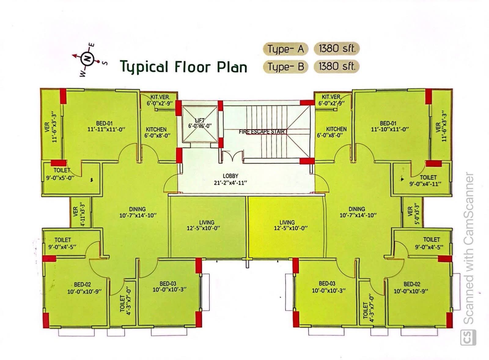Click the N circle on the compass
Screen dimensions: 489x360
(x=87, y=58)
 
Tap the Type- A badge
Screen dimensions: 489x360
(x=285, y=49)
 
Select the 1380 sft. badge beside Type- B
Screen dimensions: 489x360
(x=336, y=66)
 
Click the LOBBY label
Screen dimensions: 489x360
(x=230, y=176)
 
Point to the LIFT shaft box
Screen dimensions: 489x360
(x=200, y=124)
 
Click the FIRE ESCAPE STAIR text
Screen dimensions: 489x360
(x=262, y=132)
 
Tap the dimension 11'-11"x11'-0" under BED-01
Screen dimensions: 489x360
(x=106, y=129)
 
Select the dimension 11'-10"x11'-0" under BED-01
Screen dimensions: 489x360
(x=390, y=129)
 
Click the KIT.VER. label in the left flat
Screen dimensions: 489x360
(x=160, y=97)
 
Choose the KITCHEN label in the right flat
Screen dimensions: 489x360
(x=336, y=129)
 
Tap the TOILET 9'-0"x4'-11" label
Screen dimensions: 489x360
(x=425, y=181)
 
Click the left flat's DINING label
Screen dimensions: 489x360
(x=137, y=209)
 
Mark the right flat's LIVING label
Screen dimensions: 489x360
(x=287, y=223)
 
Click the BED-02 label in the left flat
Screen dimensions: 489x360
(x=82, y=284)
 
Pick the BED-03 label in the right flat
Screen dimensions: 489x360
(x=327, y=284)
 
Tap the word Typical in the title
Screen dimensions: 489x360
(x=144, y=67)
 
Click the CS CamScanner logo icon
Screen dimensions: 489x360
(x=468, y=337)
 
